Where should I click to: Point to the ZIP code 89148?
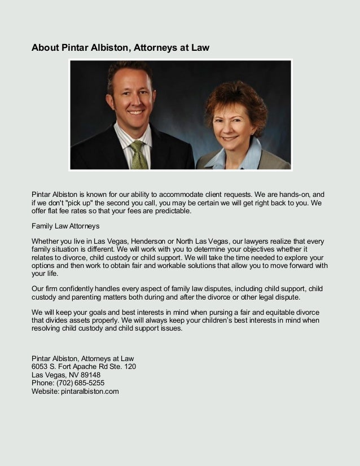(90, 374)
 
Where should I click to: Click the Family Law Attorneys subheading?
(65, 226)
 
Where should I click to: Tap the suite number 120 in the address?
(129, 366)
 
